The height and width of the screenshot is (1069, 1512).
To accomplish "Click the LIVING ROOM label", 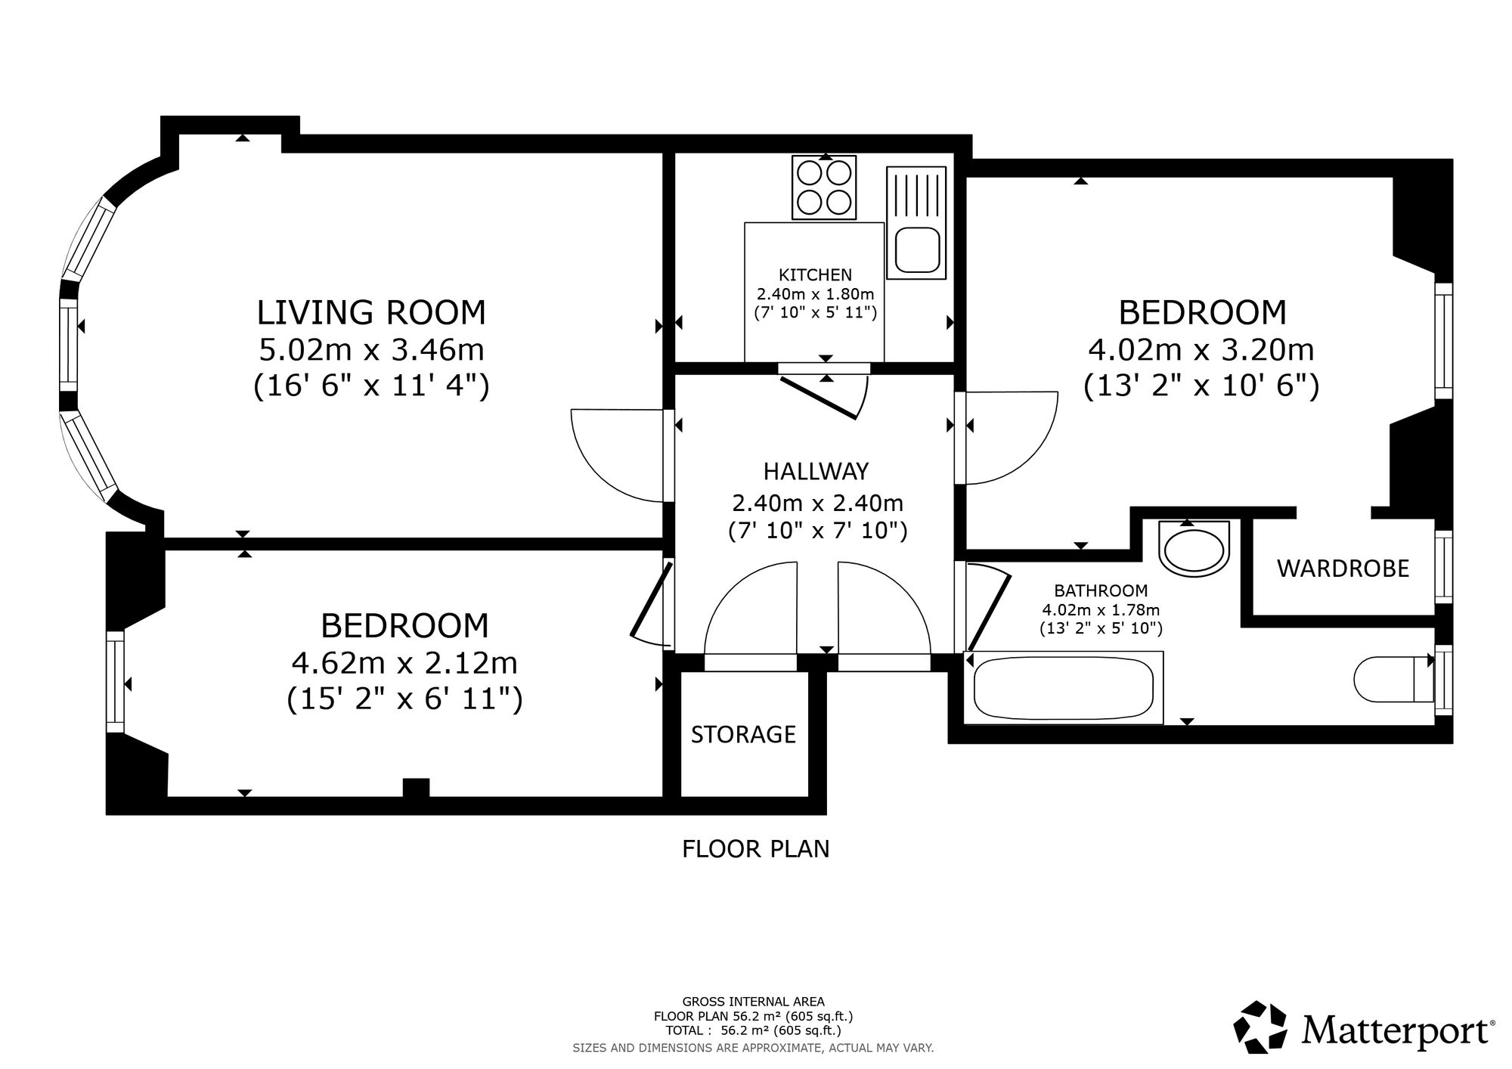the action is point(371,312).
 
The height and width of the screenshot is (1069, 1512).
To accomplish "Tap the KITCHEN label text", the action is point(815,275).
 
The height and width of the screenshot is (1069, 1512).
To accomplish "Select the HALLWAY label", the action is point(816,471).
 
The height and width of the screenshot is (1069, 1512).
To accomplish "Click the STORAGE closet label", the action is point(743,734).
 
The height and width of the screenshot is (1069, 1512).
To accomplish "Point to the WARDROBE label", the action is point(1343,569).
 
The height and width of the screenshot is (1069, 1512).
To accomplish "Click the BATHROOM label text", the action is point(1101,590).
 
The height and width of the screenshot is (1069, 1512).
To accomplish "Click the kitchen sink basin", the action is point(917,249).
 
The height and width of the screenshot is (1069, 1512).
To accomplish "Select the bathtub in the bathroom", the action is point(1064,687).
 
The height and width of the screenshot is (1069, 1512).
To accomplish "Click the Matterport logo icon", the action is point(1260,1027).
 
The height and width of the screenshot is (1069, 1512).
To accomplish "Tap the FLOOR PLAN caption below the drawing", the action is point(755,849).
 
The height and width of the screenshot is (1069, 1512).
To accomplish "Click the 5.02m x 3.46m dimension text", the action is point(371,350).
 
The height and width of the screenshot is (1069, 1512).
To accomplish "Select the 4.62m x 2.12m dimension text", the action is point(404,663).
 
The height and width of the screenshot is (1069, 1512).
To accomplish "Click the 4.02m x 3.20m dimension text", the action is point(1201,350).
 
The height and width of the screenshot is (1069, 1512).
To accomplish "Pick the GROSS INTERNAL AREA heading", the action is point(753,1002).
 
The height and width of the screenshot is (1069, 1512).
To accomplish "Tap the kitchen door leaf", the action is point(819,398).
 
